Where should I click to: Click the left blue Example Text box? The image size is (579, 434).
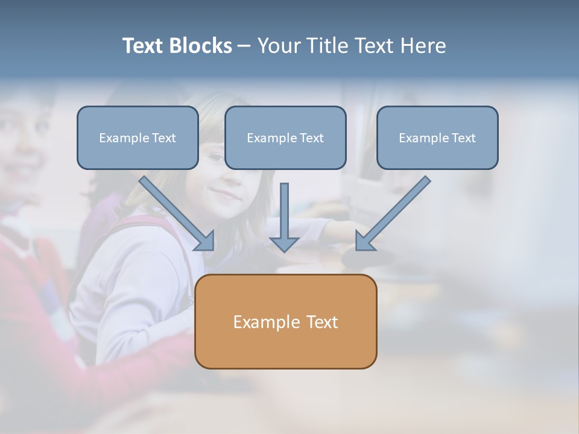pyautogui.click(x=138, y=138)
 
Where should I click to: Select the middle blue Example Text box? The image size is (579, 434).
pyautogui.click(x=285, y=138)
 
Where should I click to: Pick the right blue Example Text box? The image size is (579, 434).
pyautogui.click(x=437, y=138)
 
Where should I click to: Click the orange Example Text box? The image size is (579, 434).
pyautogui.click(x=285, y=321)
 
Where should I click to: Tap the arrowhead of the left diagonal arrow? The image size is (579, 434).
pyautogui.click(x=205, y=241)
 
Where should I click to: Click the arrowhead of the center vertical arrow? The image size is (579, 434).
pyautogui.click(x=284, y=244)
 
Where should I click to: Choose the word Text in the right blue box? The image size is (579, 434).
pyautogui.click(x=463, y=138)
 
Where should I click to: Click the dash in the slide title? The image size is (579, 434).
pyautogui.click(x=244, y=46)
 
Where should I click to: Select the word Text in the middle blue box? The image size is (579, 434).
pyautogui.click(x=311, y=138)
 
